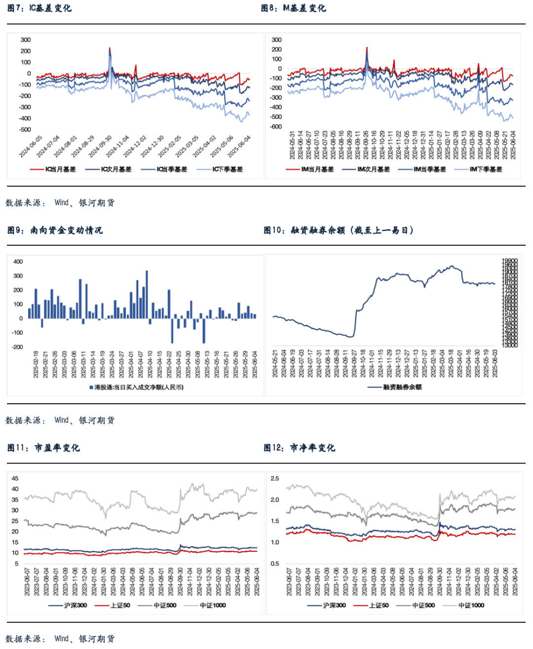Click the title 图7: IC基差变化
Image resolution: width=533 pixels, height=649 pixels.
click(39, 8)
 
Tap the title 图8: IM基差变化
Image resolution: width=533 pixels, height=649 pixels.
click(293, 8)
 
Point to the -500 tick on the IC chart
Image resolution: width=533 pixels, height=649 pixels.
click(25, 130)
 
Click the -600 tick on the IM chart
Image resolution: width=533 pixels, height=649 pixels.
click(276, 127)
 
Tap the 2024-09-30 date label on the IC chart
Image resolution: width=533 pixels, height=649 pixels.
click(101, 147)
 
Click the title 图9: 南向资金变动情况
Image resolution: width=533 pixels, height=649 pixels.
click(55, 230)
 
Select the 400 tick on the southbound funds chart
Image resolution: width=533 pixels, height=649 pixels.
click(18, 262)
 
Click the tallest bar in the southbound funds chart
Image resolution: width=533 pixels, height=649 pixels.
click(147, 294)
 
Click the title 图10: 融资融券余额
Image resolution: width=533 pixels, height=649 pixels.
click(339, 230)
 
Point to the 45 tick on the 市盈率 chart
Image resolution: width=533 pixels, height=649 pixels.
click(15, 478)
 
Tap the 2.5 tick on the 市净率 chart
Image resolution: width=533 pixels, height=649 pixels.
click(275, 478)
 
